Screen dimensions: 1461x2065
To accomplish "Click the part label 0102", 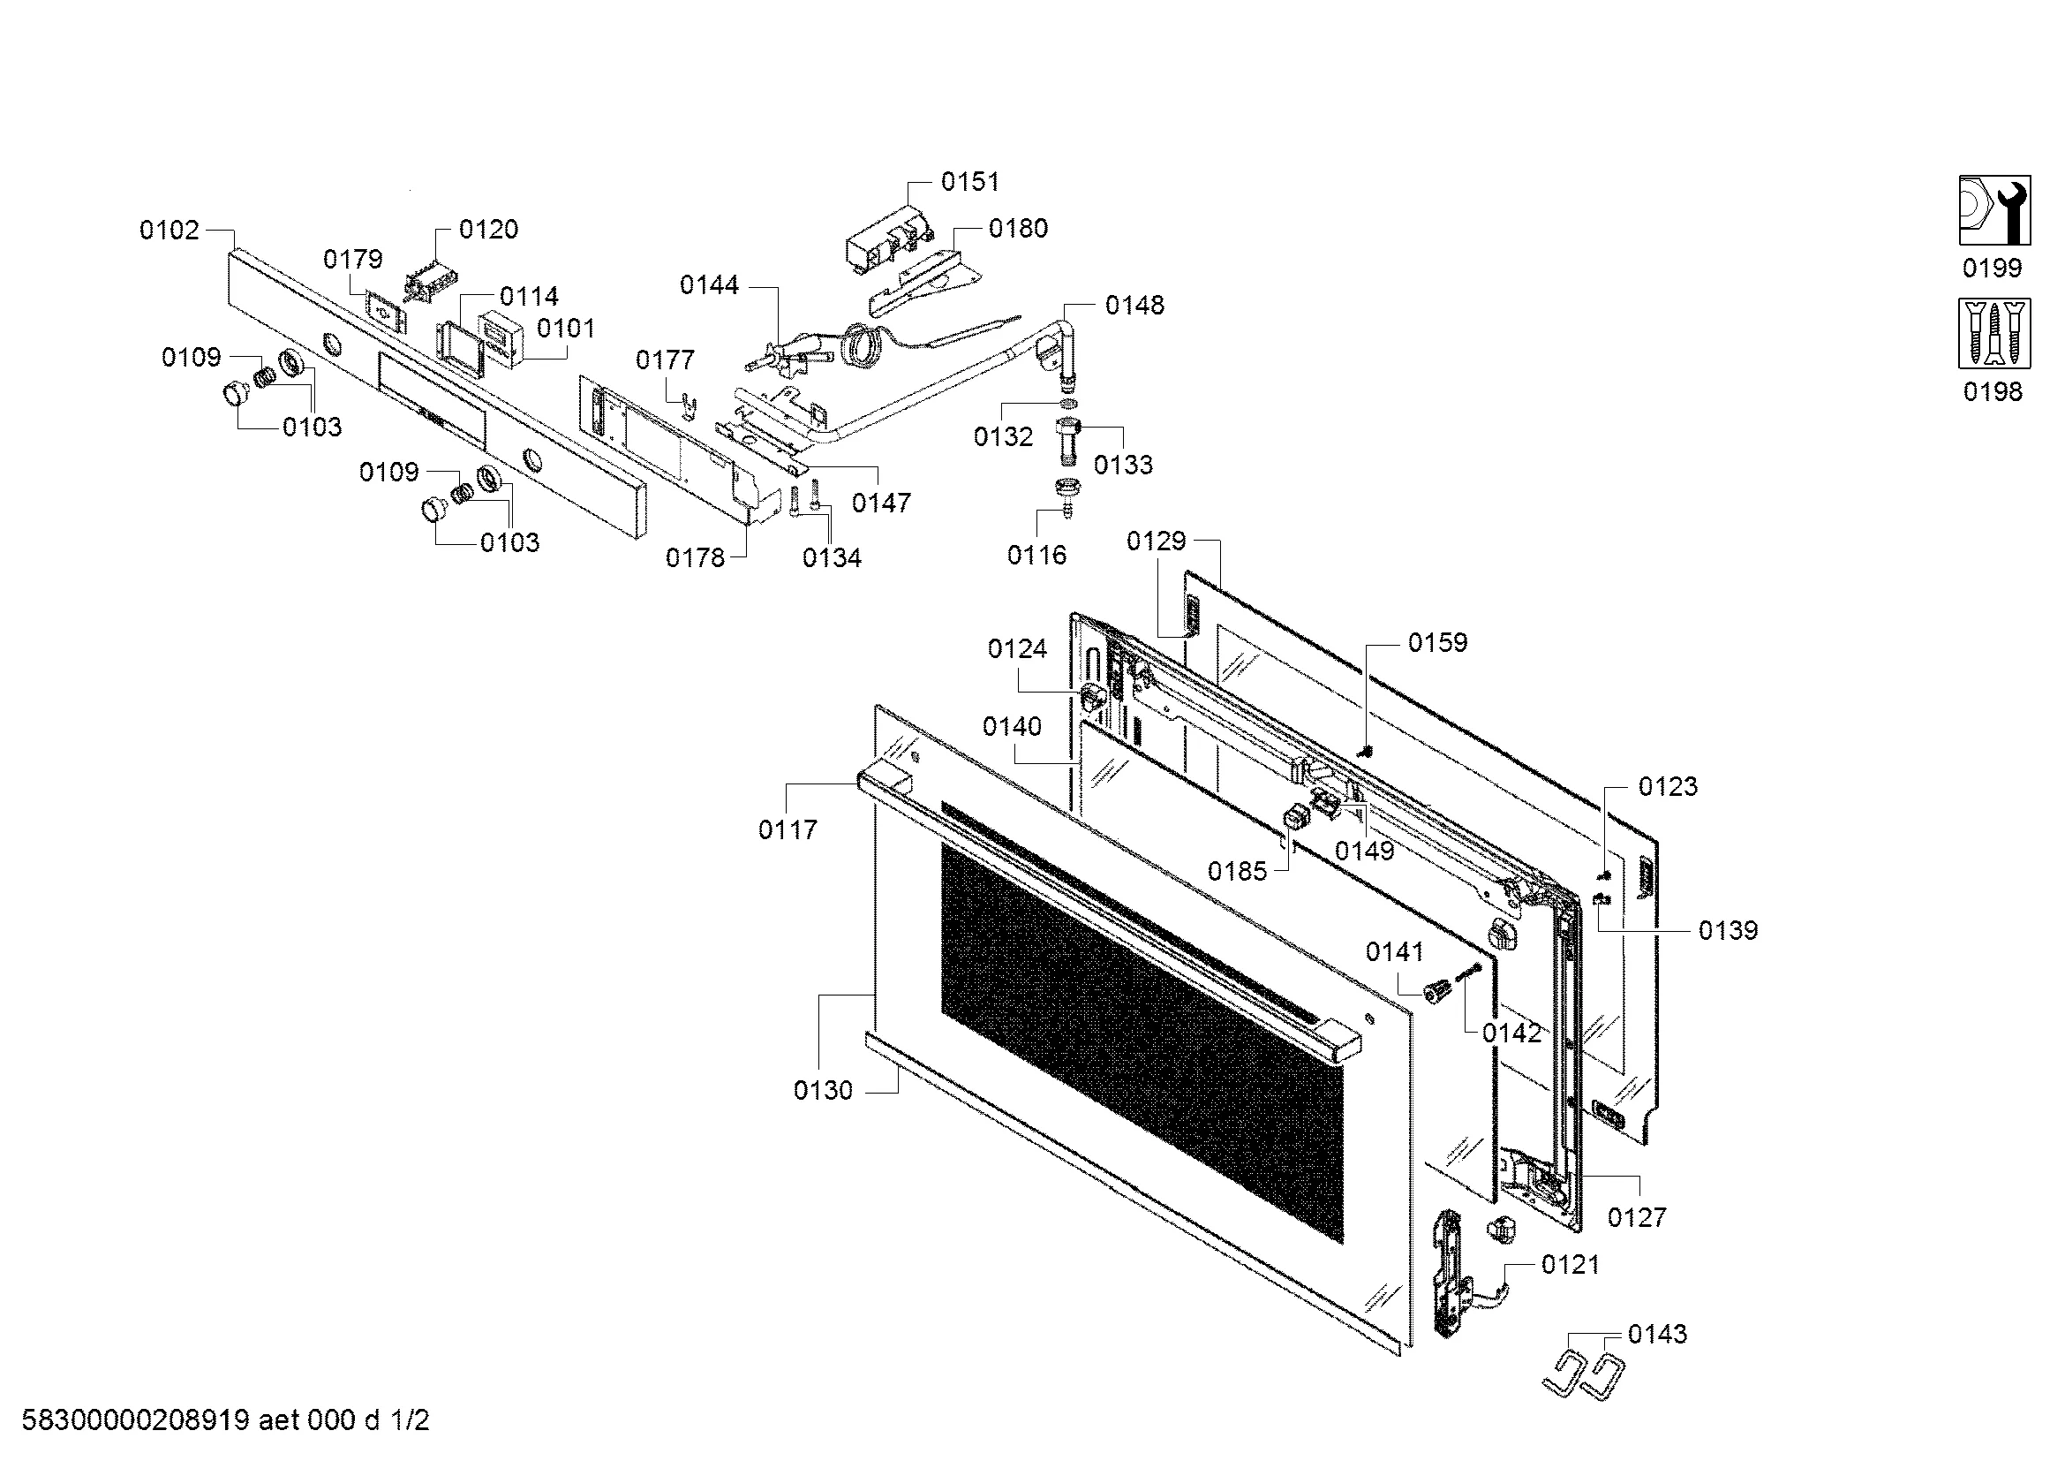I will (x=170, y=231).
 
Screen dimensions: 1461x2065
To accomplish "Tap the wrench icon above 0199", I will (x=1994, y=210).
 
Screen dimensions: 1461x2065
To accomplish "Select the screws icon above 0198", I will (x=1994, y=334).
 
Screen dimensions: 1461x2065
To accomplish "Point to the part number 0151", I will (x=969, y=182).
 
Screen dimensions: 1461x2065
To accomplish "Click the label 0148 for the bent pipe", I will (x=1134, y=305).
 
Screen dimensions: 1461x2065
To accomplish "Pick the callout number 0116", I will (x=1036, y=555).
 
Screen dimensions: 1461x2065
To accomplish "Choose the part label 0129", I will (x=1156, y=541).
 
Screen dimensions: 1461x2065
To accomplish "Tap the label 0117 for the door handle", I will (x=788, y=829).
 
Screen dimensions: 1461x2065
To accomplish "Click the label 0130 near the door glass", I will (x=822, y=1090).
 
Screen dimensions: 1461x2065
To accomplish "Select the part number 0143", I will (x=1656, y=1333).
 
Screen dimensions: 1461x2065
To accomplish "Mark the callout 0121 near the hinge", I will (x=1571, y=1265).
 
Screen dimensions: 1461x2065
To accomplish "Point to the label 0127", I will (x=1637, y=1217).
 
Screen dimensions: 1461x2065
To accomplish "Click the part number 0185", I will (x=1237, y=871).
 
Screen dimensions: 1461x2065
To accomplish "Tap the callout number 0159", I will (x=1437, y=642).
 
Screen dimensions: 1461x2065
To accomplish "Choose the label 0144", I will (x=709, y=285).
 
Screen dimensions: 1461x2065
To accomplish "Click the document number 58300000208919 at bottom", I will (x=135, y=1420).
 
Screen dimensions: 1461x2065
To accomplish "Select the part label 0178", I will (x=694, y=557).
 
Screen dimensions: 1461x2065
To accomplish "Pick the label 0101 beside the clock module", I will (x=566, y=329).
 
